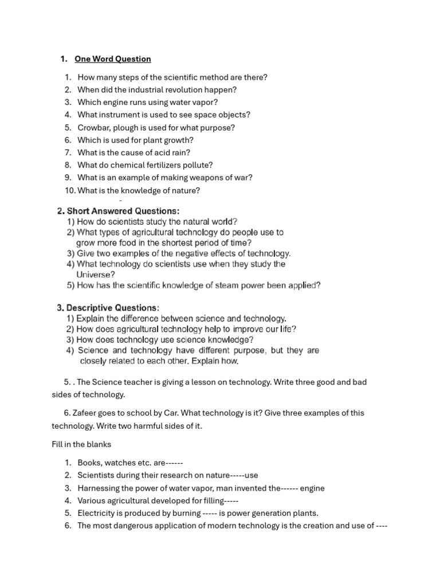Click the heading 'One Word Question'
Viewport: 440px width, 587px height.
coord(112,59)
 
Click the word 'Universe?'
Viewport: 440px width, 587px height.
coord(96,275)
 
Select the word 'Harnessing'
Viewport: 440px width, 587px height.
coord(98,488)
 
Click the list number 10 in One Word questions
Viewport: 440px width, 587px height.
coord(70,190)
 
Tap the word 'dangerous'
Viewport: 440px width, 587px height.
coord(129,526)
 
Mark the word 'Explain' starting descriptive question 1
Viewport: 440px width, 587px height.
coord(91,318)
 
